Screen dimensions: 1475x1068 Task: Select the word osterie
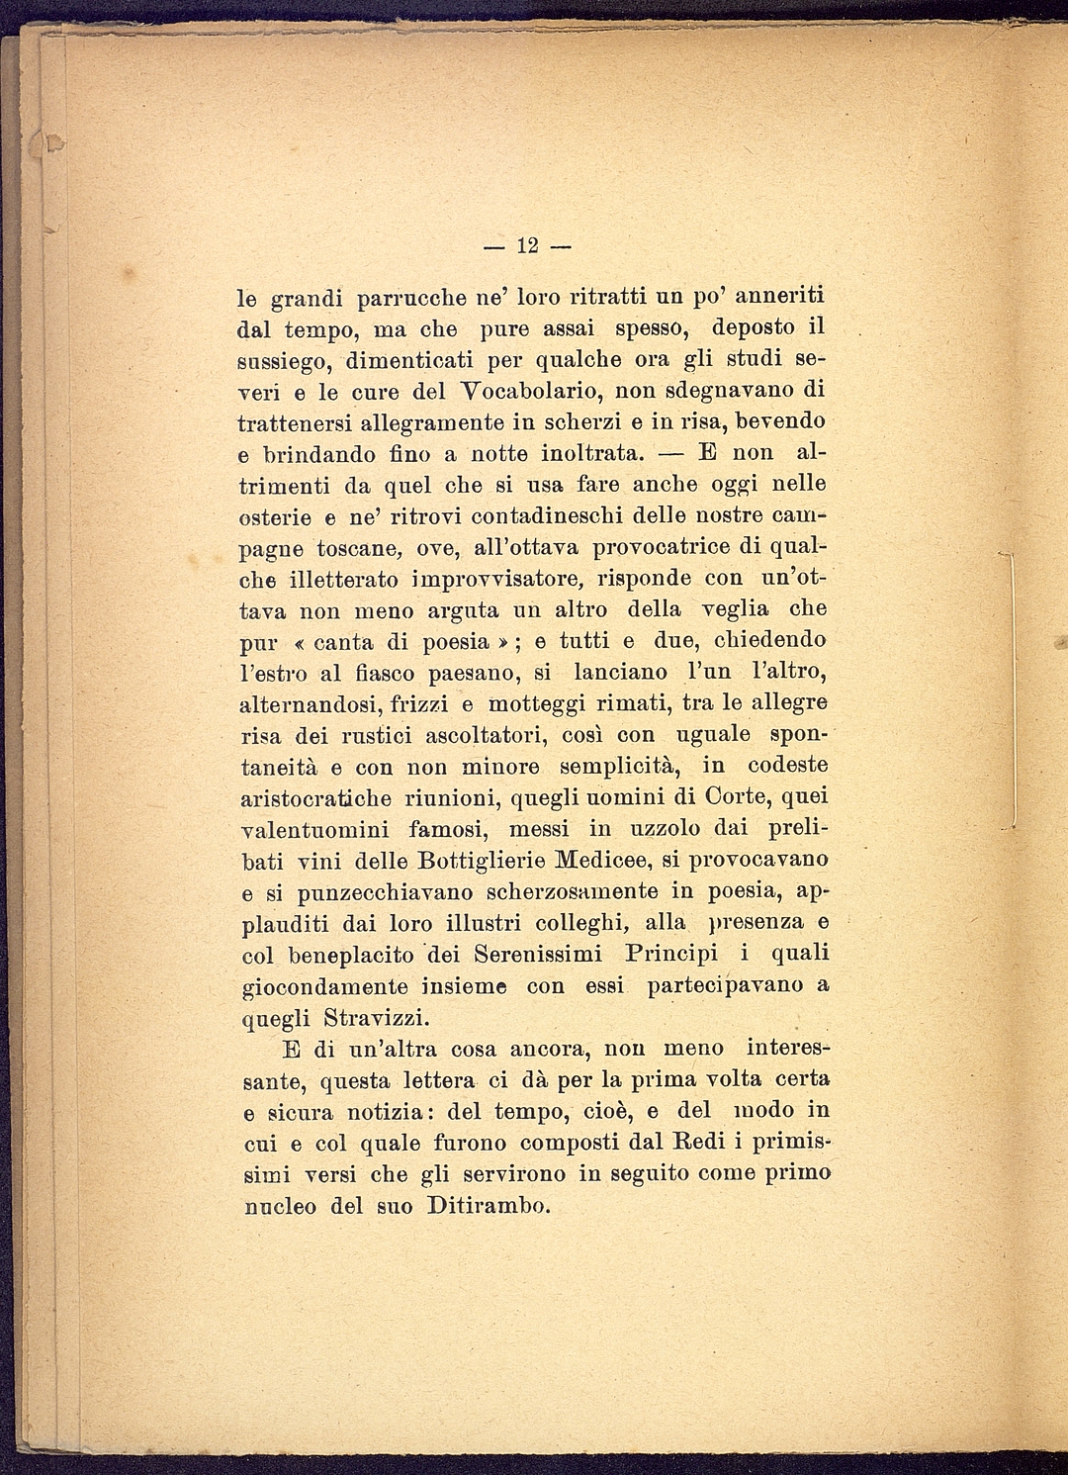pos(276,516)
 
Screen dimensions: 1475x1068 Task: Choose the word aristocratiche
pos(316,797)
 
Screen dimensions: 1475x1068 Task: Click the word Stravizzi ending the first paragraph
pos(375,1017)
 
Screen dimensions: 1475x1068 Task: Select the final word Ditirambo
pos(488,1206)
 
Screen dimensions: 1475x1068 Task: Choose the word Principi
pos(671,955)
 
